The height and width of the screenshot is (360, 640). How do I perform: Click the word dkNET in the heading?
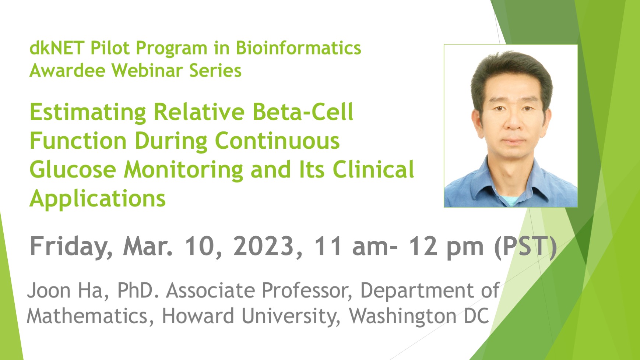57,48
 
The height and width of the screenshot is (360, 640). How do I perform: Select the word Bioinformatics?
298,48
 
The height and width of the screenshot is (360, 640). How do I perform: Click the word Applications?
98,199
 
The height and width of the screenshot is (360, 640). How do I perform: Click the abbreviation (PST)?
525,246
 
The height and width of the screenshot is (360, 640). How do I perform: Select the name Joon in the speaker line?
49,290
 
